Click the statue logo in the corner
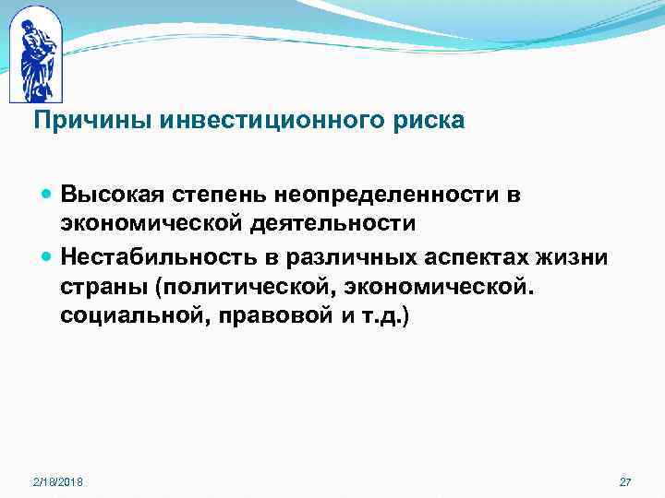(x=34, y=55)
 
